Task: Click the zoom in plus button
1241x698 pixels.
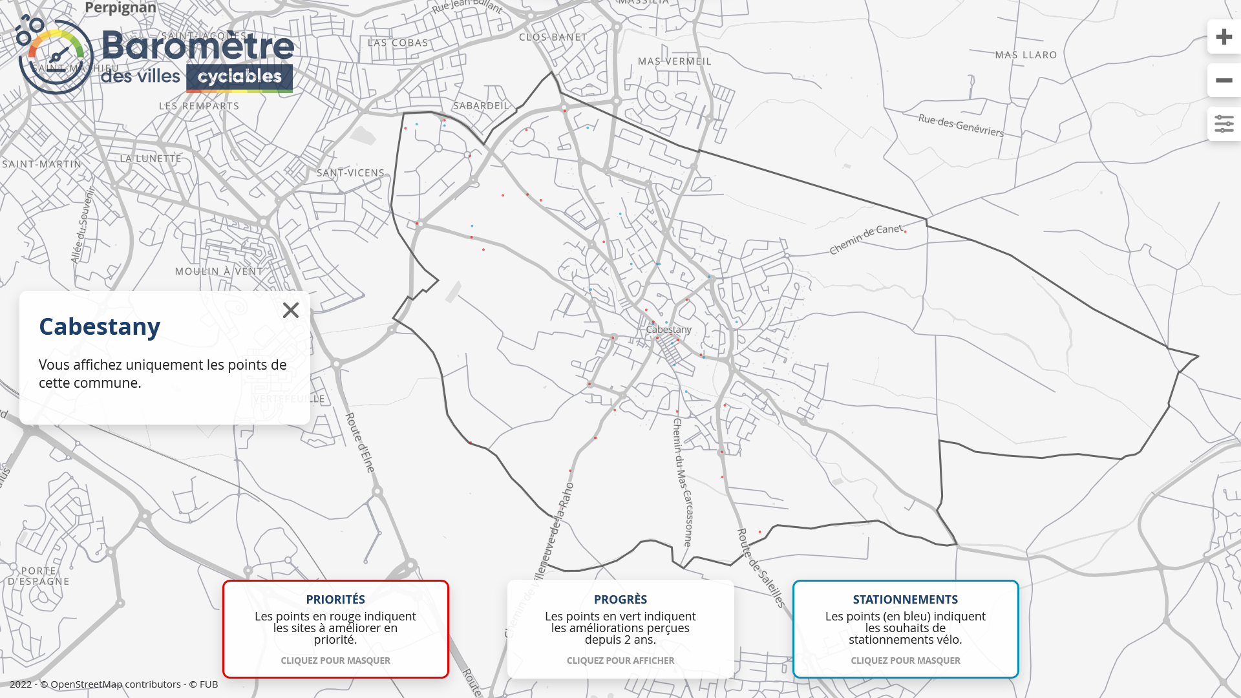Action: (1224, 37)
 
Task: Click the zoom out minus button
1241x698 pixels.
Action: (1224, 81)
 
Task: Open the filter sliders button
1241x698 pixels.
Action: (1224, 124)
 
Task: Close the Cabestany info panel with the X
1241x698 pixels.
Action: (291, 310)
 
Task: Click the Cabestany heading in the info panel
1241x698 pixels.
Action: (100, 327)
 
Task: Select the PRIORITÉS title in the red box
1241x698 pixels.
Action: (335, 600)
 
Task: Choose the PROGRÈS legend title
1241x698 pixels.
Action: (620, 600)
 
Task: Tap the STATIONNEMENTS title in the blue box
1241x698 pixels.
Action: (905, 600)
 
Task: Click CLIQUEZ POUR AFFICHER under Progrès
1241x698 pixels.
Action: (620, 661)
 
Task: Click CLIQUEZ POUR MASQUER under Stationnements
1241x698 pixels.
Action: (905, 661)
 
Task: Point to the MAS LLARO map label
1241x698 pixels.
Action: (1026, 56)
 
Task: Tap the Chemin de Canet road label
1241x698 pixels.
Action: (865, 238)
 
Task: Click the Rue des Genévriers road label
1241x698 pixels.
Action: (961, 125)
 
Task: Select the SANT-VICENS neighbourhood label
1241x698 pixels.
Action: (350, 173)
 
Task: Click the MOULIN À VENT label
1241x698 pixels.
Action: (219, 271)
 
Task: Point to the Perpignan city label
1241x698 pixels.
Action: (121, 8)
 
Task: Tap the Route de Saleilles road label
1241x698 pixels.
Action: (761, 568)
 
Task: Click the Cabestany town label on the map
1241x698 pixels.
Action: (668, 330)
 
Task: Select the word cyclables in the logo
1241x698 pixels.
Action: (240, 78)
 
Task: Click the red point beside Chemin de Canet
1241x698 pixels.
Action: (906, 231)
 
